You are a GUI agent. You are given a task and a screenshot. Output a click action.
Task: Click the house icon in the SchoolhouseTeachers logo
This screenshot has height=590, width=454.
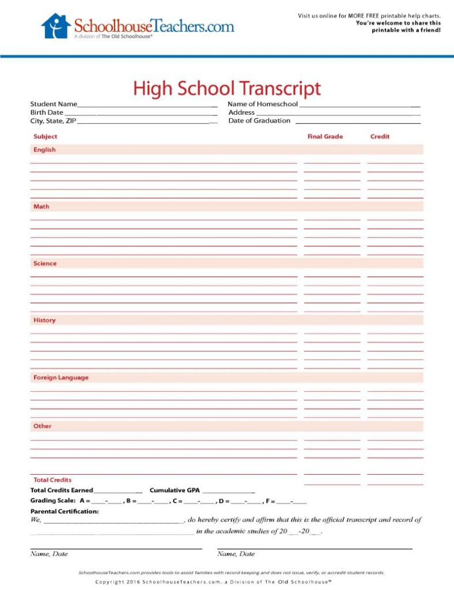56,26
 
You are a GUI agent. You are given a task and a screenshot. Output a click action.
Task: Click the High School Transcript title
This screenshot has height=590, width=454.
226,89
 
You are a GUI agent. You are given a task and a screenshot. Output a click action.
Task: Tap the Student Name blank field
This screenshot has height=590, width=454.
147,105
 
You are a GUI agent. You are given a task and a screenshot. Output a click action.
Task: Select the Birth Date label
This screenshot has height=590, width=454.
47,112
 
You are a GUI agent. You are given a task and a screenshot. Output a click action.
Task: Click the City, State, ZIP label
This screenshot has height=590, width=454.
53,121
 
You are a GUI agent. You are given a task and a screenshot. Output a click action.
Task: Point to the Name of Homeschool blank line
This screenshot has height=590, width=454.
360,105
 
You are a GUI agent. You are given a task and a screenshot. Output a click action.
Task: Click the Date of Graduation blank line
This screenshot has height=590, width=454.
358,121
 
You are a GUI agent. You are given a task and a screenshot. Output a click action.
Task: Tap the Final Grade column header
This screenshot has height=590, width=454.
325,137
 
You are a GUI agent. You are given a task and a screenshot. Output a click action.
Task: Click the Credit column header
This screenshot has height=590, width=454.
380,137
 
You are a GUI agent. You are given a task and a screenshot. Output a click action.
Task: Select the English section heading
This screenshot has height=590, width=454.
44,150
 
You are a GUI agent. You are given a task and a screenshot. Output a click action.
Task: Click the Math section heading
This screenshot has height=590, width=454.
41,206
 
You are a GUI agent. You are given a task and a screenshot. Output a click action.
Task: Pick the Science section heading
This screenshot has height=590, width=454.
45,263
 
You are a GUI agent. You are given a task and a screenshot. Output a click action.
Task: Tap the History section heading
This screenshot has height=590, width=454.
44,320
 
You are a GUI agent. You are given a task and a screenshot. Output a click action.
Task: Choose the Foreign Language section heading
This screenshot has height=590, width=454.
60,377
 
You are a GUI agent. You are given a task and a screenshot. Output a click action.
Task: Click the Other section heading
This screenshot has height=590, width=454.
42,426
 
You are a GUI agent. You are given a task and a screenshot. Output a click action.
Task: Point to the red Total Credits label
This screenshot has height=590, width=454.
52,479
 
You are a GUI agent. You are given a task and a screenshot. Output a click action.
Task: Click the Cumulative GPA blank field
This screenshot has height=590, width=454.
228,491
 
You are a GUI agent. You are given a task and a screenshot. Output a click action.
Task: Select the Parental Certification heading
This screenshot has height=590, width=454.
65,511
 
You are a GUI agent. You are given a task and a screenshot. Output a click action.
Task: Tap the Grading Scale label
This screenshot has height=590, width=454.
53,501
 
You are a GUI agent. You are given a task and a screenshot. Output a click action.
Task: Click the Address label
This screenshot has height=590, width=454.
241,112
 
